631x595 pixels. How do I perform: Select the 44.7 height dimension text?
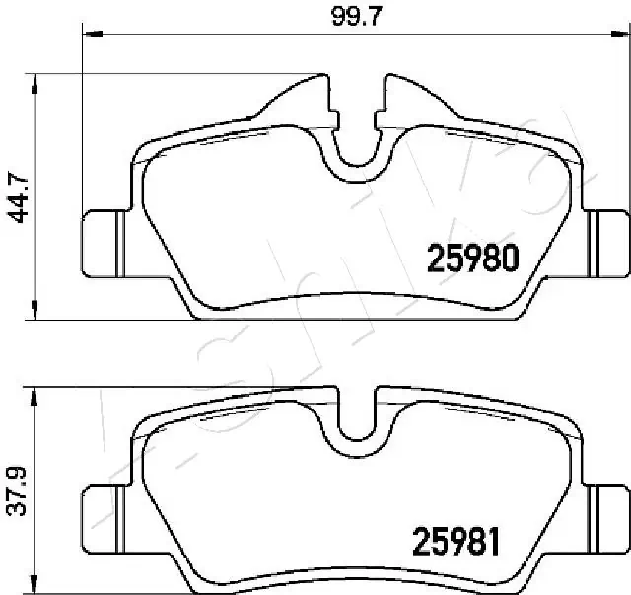tap(15, 197)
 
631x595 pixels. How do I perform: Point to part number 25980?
tap(472, 259)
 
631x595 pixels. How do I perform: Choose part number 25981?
tap(456, 542)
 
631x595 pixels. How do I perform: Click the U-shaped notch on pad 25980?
tap(356, 158)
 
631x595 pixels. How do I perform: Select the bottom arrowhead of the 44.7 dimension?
tap(37, 314)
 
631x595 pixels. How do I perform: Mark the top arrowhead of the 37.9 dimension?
tap(37, 394)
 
